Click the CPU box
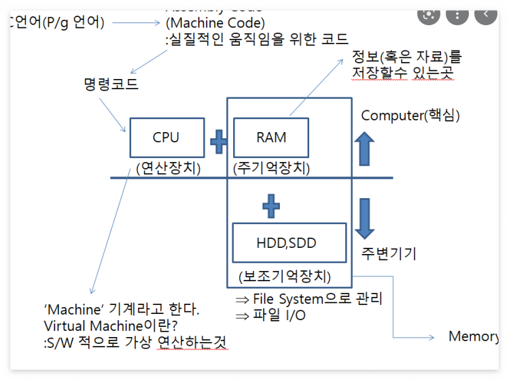166,138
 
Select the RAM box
271,138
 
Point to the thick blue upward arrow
365,148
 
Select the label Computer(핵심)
410,115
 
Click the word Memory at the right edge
474,336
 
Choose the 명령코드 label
111,84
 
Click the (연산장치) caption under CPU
168,168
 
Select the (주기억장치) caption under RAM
271,168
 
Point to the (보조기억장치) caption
285,277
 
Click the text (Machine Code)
215,23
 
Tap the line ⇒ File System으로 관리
309,299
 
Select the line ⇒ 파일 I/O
270,315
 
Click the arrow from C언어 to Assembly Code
136,23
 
